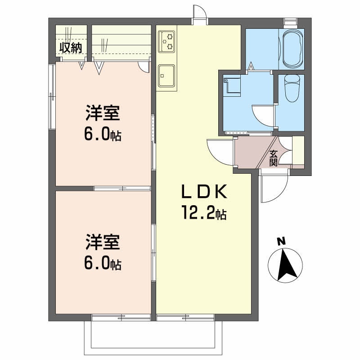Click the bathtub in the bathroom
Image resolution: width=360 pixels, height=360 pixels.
click(x=292, y=49)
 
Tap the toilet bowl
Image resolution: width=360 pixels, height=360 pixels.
click(x=292, y=88)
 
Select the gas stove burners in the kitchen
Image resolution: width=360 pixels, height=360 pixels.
click(x=167, y=41)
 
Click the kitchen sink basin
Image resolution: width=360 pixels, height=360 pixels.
click(x=166, y=76)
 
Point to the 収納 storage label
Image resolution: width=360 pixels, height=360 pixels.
click(x=71, y=48)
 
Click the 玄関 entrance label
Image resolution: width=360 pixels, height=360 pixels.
click(x=274, y=158)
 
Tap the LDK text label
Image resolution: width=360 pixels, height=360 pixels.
click(x=204, y=192)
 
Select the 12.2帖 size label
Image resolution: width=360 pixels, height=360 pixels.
click(x=204, y=212)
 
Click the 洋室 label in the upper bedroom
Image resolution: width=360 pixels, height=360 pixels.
click(x=103, y=113)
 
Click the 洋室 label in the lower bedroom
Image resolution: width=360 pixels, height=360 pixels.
click(x=103, y=242)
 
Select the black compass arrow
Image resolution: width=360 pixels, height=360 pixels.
click(x=286, y=265)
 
